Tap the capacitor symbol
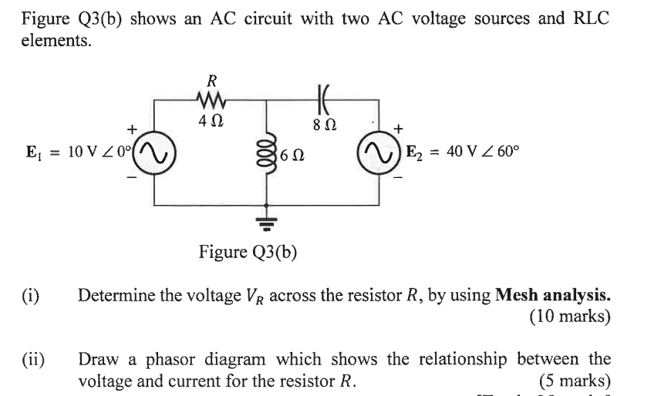click(320, 98)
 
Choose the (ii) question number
click(32, 359)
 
